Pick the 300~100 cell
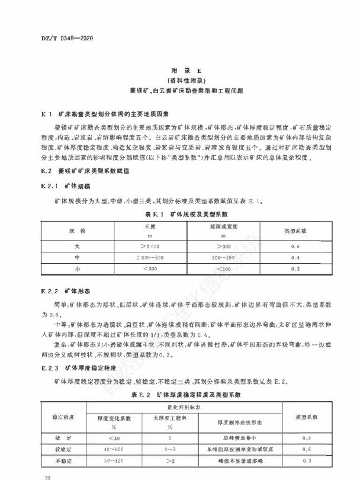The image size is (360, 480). pos(206,257)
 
